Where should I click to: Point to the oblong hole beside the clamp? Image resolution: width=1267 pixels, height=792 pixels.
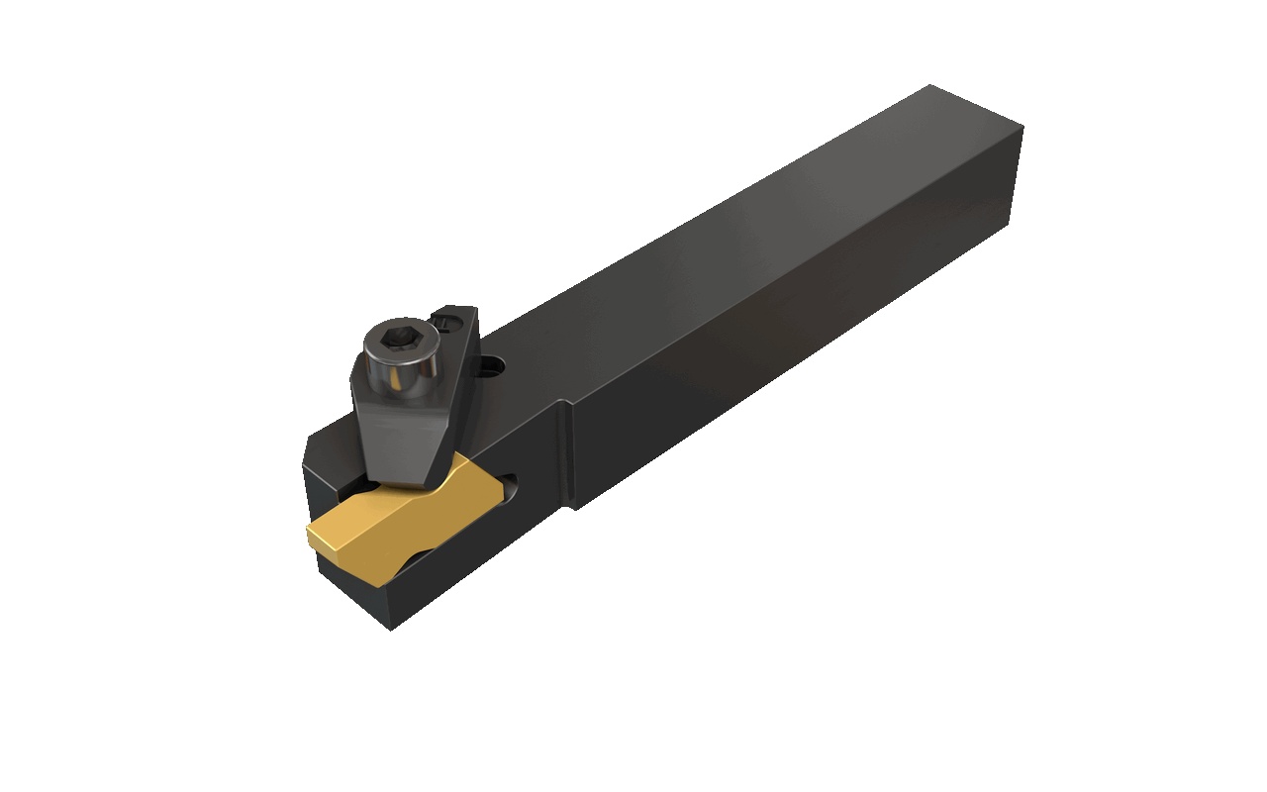(x=492, y=368)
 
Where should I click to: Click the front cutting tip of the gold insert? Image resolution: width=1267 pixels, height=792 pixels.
(x=313, y=536)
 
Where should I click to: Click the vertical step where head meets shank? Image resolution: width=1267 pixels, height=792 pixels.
(x=566, y=455)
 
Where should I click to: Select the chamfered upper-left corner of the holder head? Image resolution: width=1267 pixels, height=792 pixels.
(x=309, y=450)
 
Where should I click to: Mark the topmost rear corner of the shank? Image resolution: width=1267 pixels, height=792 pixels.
(x=930, y=86)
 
